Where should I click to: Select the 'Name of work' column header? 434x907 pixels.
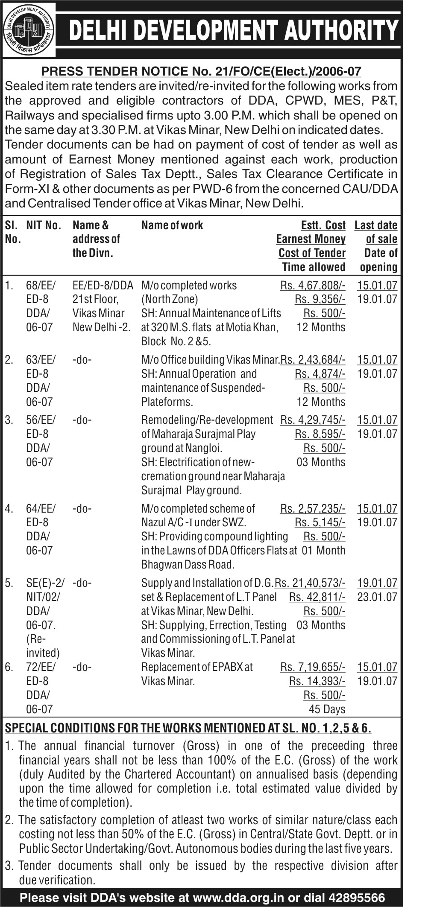point(172,225)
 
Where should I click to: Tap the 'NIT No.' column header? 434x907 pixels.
point(44,225)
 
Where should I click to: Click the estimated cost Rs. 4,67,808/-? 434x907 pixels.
point(313,285)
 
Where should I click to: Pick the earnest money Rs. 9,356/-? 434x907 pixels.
point(320,299)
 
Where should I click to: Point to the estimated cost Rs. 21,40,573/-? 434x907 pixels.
point(310,583)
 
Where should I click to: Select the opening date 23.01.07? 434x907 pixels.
point(377,597)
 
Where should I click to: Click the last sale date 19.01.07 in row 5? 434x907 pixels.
point(377,583)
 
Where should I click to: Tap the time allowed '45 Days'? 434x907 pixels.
point(327,709)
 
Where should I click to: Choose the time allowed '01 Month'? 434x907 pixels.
point(323,550)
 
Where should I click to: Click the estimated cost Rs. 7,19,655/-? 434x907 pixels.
point(313,667)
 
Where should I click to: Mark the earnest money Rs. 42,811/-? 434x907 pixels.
point(317,597)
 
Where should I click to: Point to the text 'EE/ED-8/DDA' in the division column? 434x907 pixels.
point(103,285)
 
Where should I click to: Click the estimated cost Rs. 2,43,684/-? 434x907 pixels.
point(313,360)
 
